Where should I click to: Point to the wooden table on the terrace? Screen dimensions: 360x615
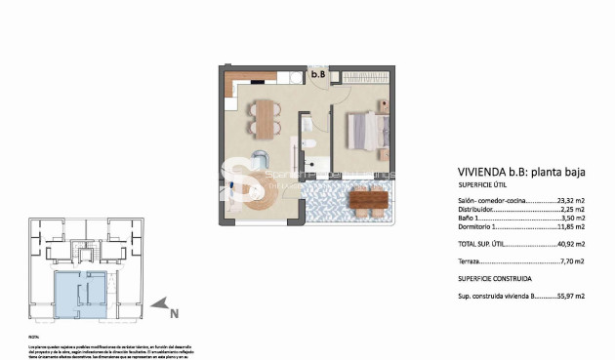tap(367, 201)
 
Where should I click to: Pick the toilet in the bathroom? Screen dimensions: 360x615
tap(307, 127)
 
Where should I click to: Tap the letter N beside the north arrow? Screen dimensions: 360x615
tap(174, 313)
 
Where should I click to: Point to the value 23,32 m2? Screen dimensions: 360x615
tap(571, 200)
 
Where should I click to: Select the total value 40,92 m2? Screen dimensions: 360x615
tap(570, 244)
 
